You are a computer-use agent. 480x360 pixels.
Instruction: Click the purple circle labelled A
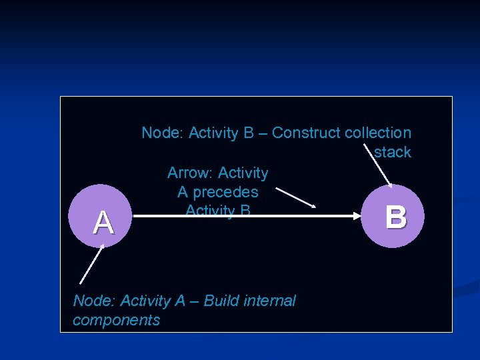point(102,216)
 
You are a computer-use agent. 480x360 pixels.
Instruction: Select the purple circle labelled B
point(395,216)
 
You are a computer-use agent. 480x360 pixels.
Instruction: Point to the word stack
point(392,152)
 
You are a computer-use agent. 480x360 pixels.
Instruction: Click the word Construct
point(307,133)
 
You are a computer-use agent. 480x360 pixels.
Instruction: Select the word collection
point(378,133)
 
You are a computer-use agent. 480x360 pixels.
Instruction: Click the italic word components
point(117,320)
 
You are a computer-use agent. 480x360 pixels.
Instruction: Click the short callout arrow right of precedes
point(295,197)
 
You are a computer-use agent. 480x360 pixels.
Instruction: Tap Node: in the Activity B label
point(163,133)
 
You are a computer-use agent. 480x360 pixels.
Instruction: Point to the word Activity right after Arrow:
point(243,173)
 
